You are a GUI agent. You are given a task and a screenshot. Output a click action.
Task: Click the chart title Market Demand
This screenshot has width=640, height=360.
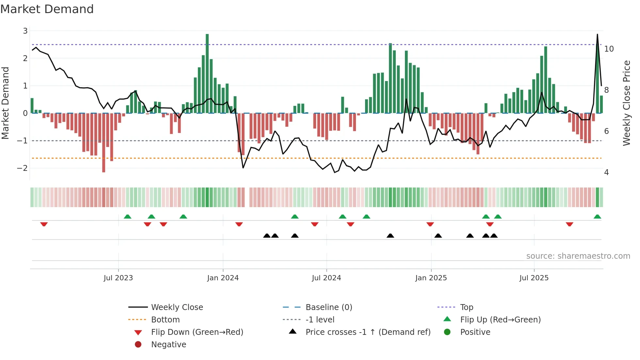[47, 9]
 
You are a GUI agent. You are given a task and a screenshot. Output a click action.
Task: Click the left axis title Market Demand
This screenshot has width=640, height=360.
[5, 103]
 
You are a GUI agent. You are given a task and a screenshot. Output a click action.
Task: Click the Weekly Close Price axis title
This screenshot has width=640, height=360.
[626, 103]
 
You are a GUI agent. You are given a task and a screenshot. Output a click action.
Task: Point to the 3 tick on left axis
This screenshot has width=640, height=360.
[25, 31]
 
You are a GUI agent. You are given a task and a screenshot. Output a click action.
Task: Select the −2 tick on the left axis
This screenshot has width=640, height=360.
[23, 168]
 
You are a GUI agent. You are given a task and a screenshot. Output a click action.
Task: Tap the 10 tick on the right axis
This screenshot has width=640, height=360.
[609, 49]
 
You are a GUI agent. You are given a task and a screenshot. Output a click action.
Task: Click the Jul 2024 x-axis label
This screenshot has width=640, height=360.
[326, 278]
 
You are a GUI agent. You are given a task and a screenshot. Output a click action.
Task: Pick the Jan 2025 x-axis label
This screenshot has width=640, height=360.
[431, 278]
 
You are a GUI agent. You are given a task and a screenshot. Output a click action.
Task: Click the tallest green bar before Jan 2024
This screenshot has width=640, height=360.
[207, 74]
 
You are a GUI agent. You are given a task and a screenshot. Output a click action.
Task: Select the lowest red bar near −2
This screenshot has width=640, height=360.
[104, 142]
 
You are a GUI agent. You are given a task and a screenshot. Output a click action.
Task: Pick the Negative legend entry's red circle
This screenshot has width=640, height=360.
[138, 345]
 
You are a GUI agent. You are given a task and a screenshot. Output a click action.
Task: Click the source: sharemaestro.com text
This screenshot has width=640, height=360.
[578, 256]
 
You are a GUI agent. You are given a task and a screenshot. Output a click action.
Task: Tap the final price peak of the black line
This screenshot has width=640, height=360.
[598, 35]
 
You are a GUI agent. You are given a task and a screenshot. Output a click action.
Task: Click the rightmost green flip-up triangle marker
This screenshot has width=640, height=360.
[597, 217]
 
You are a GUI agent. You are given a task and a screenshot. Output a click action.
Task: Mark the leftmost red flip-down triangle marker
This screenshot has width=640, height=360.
[44, 224]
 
